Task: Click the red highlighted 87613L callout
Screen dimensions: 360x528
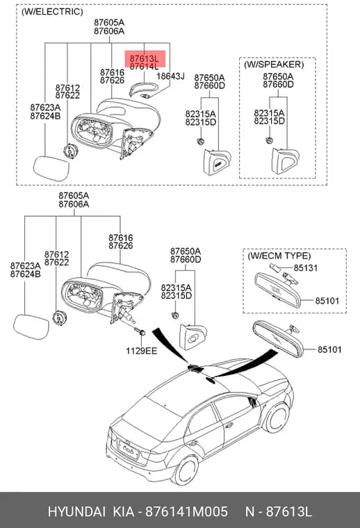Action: coord(145,58)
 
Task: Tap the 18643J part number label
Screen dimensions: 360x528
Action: coord(170,76)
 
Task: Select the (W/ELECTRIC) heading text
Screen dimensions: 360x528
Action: coord(52,12)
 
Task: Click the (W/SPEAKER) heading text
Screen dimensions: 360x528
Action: coord(274,65)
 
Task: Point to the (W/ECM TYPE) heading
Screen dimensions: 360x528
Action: coord(279,256)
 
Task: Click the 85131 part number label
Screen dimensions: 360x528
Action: coord(306,268)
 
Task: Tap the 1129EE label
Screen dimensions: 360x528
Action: coord(142,351)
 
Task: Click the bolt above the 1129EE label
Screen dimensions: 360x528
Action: coord(140,331)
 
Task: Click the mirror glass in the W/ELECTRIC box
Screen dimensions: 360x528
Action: coord(51,168)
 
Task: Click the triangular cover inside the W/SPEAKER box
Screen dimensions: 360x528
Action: coord(285,161)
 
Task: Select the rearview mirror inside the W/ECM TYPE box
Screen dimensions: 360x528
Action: coord(277,290)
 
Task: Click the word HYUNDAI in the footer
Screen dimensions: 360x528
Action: coord(76,512)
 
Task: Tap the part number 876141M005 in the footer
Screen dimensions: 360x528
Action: coord(186,512)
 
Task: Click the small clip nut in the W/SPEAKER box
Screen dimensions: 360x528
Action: coord(269,140)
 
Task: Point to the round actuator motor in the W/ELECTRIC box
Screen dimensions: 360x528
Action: coord(70,151)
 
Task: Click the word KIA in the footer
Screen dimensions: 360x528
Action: coord(124,512)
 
